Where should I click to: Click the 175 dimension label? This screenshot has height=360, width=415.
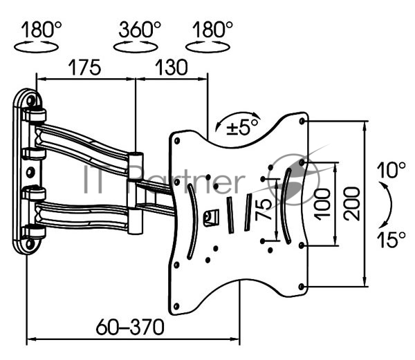pos(84,68)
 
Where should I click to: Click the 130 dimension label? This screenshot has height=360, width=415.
pos(172,68)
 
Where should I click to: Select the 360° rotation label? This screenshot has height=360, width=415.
pos(140,29)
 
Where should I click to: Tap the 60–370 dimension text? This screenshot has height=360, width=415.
pos(130,327)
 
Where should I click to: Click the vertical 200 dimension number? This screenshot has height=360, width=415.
pos(352,203)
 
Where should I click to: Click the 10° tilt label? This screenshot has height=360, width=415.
pos(391,170)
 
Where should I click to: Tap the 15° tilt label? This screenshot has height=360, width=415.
pos(391,239)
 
